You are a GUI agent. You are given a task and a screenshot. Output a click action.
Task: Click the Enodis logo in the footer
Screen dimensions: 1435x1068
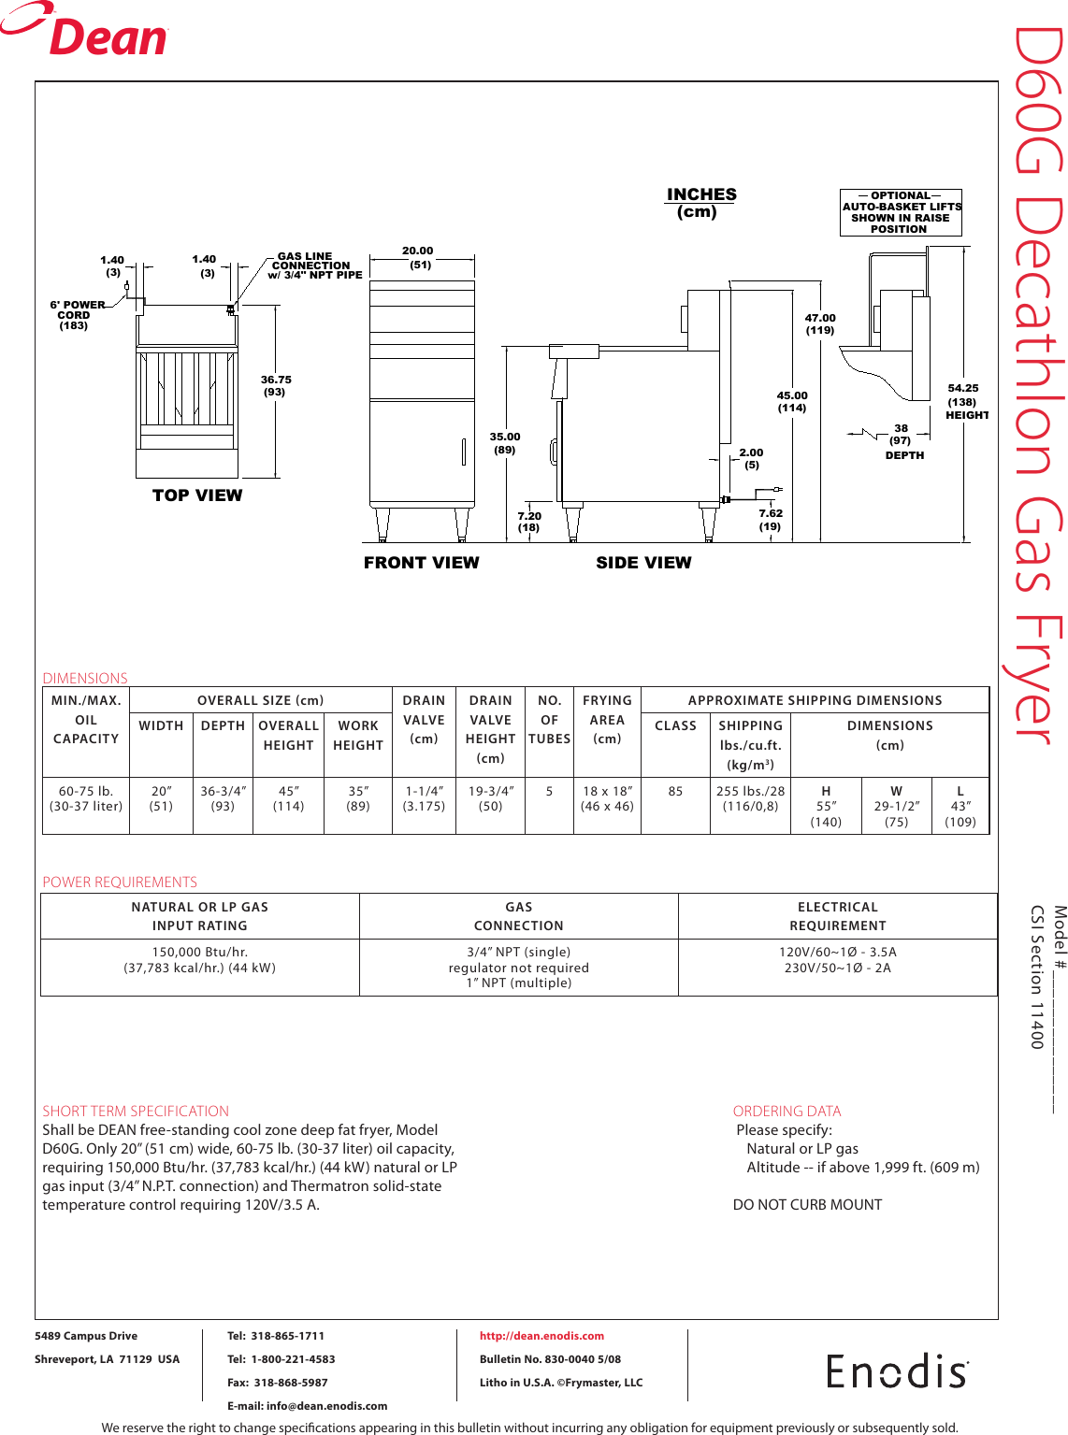coord(897,1371)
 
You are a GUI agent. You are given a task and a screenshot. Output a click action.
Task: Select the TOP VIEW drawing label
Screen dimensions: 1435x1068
coord(197,495)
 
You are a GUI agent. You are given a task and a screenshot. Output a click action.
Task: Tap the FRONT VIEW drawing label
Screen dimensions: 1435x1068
coord(421,563)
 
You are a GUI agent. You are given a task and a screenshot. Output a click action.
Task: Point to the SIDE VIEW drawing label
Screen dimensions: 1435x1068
coord(643,563)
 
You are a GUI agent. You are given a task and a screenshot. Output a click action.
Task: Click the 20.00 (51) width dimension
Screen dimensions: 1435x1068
coord(418,257)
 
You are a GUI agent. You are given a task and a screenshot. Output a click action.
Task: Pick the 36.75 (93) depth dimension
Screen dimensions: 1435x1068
coord(276,385)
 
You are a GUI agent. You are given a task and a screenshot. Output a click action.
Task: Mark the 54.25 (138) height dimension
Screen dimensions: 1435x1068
coord(963,401)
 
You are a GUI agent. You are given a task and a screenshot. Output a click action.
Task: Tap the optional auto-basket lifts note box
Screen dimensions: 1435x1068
coord(901,212)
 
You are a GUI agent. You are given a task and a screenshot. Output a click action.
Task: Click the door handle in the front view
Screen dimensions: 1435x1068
coord(463,452)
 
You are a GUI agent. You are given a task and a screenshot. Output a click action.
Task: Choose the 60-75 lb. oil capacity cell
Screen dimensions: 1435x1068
coord(86,798)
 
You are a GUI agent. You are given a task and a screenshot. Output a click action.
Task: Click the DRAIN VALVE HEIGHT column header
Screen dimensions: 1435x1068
coord(490,728)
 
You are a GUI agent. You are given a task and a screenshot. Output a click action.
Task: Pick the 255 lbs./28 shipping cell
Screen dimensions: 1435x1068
coord(750,798)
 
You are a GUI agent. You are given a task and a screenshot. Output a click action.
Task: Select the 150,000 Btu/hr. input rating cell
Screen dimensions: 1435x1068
coord(199,960)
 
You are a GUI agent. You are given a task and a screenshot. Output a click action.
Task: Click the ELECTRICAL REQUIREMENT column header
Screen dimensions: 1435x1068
coord(837,916)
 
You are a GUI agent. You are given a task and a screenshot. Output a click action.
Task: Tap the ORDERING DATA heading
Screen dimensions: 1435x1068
coord(787,1111)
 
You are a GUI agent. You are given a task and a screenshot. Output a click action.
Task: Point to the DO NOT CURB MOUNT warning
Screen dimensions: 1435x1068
coord(807,1205)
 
